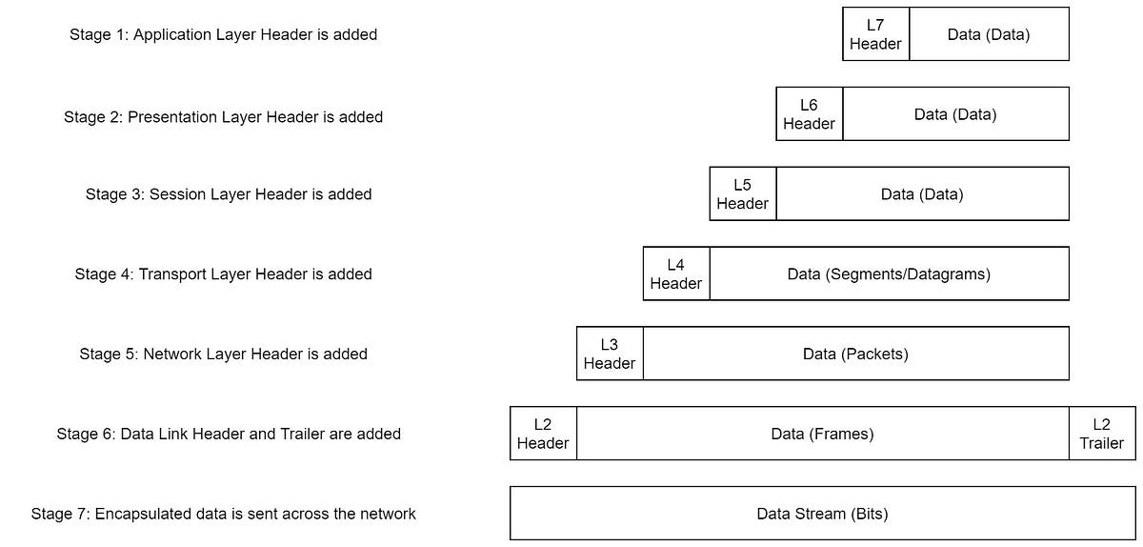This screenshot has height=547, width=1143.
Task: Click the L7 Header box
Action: (875, 34)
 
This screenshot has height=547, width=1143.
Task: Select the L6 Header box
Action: (809, 114)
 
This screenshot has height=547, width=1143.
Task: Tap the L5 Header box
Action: (742, 194)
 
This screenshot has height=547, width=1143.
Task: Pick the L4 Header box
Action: (675, 274)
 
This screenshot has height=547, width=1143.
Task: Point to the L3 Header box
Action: (609, 355)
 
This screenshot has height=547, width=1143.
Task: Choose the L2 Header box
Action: (543, 434)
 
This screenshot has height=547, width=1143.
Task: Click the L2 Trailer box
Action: (1101, 434)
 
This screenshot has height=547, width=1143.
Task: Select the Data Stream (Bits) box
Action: (822, 514)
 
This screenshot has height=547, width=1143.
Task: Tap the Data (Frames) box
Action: (822, 434)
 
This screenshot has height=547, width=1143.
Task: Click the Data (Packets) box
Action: (855, 355)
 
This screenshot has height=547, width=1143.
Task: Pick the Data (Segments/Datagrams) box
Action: (889, 274)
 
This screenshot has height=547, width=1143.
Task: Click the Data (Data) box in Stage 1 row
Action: (989, 34)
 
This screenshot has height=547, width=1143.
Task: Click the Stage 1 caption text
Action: (223, 34)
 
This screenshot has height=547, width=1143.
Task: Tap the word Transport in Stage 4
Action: (173, 274)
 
